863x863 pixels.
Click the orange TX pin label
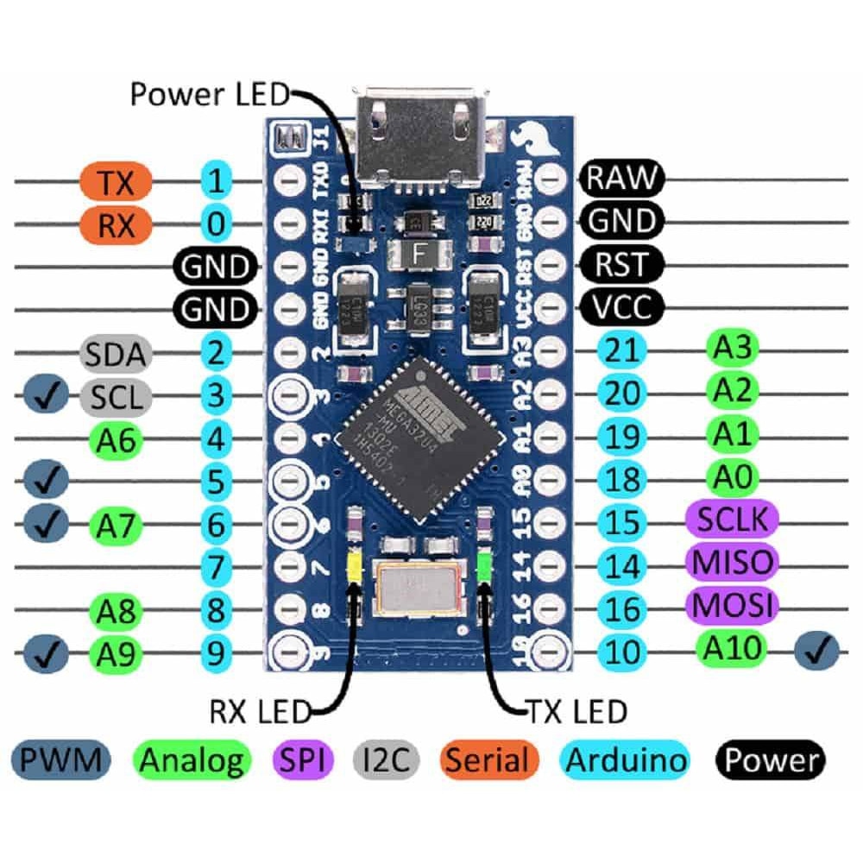point(116,182)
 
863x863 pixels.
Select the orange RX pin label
point(116,224)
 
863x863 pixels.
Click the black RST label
point(621,263)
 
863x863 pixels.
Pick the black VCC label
point(621,306)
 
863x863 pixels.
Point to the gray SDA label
point(116,352)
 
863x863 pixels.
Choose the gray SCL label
point(116,396)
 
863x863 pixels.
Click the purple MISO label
point(732,562)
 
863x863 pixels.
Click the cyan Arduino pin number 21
point(621,350)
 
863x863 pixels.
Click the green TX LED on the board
point(484,566)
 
